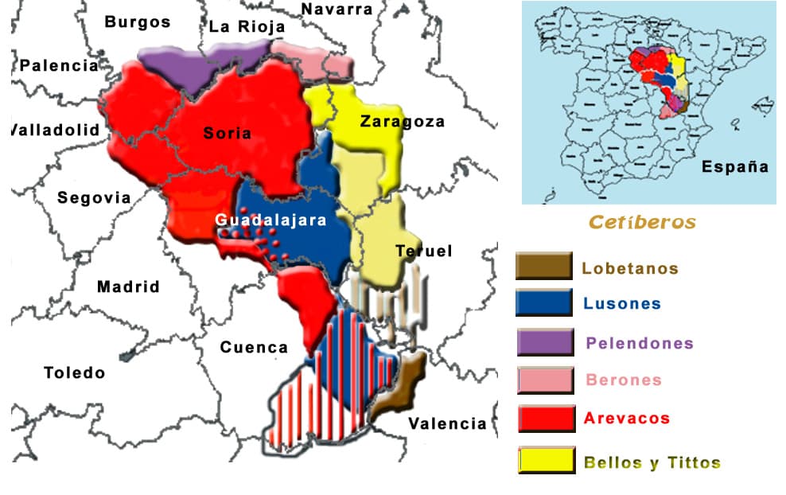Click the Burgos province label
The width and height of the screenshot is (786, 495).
click(x=138, y=22)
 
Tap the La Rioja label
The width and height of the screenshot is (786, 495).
click(x=247, y=27)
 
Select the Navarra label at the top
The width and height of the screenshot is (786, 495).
click(x=337, y=10)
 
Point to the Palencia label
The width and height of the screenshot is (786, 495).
click(x=59, y=66)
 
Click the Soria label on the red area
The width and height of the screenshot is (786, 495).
click(x=228, y=133)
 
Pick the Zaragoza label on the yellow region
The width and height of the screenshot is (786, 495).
click(x=402, y=122)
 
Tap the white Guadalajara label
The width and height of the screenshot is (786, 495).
click(x=270, y=220)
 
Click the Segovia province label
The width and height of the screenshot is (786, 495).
click(x=94, y=197)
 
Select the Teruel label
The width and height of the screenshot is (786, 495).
click(x=423, y=251)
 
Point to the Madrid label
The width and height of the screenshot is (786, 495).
click(x=128, y=286)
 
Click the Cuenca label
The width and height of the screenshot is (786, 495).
click(x=254, y=348)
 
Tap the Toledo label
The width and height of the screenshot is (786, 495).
click(x=74, y=372)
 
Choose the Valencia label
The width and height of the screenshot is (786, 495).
click(x=447, y=424)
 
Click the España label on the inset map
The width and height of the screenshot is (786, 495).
click(x=735, y=167)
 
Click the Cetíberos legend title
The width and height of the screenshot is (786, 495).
click(x=642, y=223)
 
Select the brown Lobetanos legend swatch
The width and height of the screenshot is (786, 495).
click(x=544, y=266)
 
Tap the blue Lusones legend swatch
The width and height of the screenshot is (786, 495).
click(x=544, y=302)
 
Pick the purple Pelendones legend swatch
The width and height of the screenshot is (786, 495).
click(x=545, y=342)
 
